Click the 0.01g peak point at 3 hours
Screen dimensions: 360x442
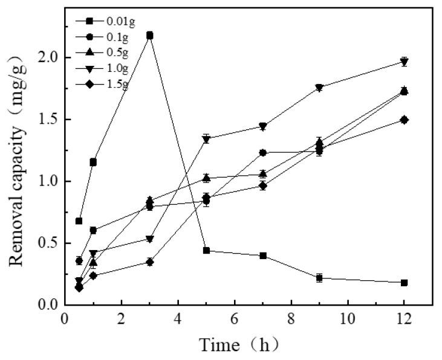click(149, 36)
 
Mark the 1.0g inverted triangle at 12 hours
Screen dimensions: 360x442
click(404, 62)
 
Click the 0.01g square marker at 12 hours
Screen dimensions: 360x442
click(404, 283)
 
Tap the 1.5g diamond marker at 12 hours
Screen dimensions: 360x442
click(404, 120)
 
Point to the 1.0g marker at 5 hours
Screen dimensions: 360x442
click(206, 139)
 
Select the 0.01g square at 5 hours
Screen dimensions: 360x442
click(206, 250)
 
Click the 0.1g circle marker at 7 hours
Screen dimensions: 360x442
click(262, 153)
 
